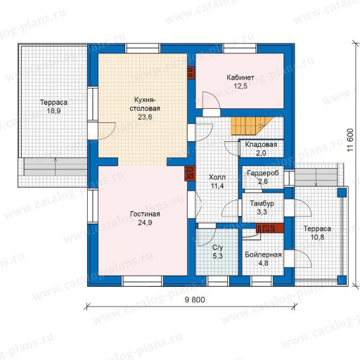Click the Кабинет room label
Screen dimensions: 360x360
(240, 77)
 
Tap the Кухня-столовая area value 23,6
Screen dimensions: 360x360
(145, 117)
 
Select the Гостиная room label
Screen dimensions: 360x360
(145, 214)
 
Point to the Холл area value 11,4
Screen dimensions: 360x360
(217, 186)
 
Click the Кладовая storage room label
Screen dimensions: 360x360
(261, 144)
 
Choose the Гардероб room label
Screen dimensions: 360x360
(263, 173)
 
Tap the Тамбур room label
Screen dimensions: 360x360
(262, 203)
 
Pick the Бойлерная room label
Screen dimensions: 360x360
(263, 255)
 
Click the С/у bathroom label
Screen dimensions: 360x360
(218, 247)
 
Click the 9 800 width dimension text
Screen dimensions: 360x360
(195, 300)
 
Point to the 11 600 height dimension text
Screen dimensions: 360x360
(350, 140)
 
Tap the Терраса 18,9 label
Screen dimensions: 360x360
(53, 106)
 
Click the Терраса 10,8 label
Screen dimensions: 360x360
(317, 233)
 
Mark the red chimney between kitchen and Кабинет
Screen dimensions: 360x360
(191, 72)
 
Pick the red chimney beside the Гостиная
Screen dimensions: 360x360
(190, 174)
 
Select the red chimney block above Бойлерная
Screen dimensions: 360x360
(270, 228)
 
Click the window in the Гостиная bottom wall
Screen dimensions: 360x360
(142, 281)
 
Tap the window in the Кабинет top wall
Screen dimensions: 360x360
(240, 49)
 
